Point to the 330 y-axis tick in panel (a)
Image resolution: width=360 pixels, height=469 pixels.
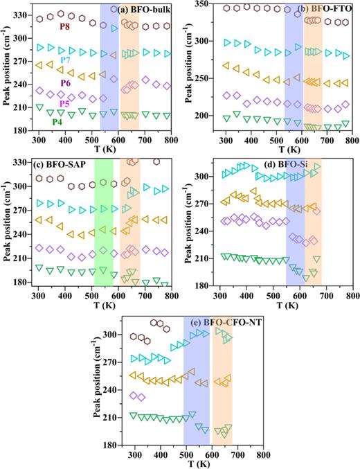[22, 14]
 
